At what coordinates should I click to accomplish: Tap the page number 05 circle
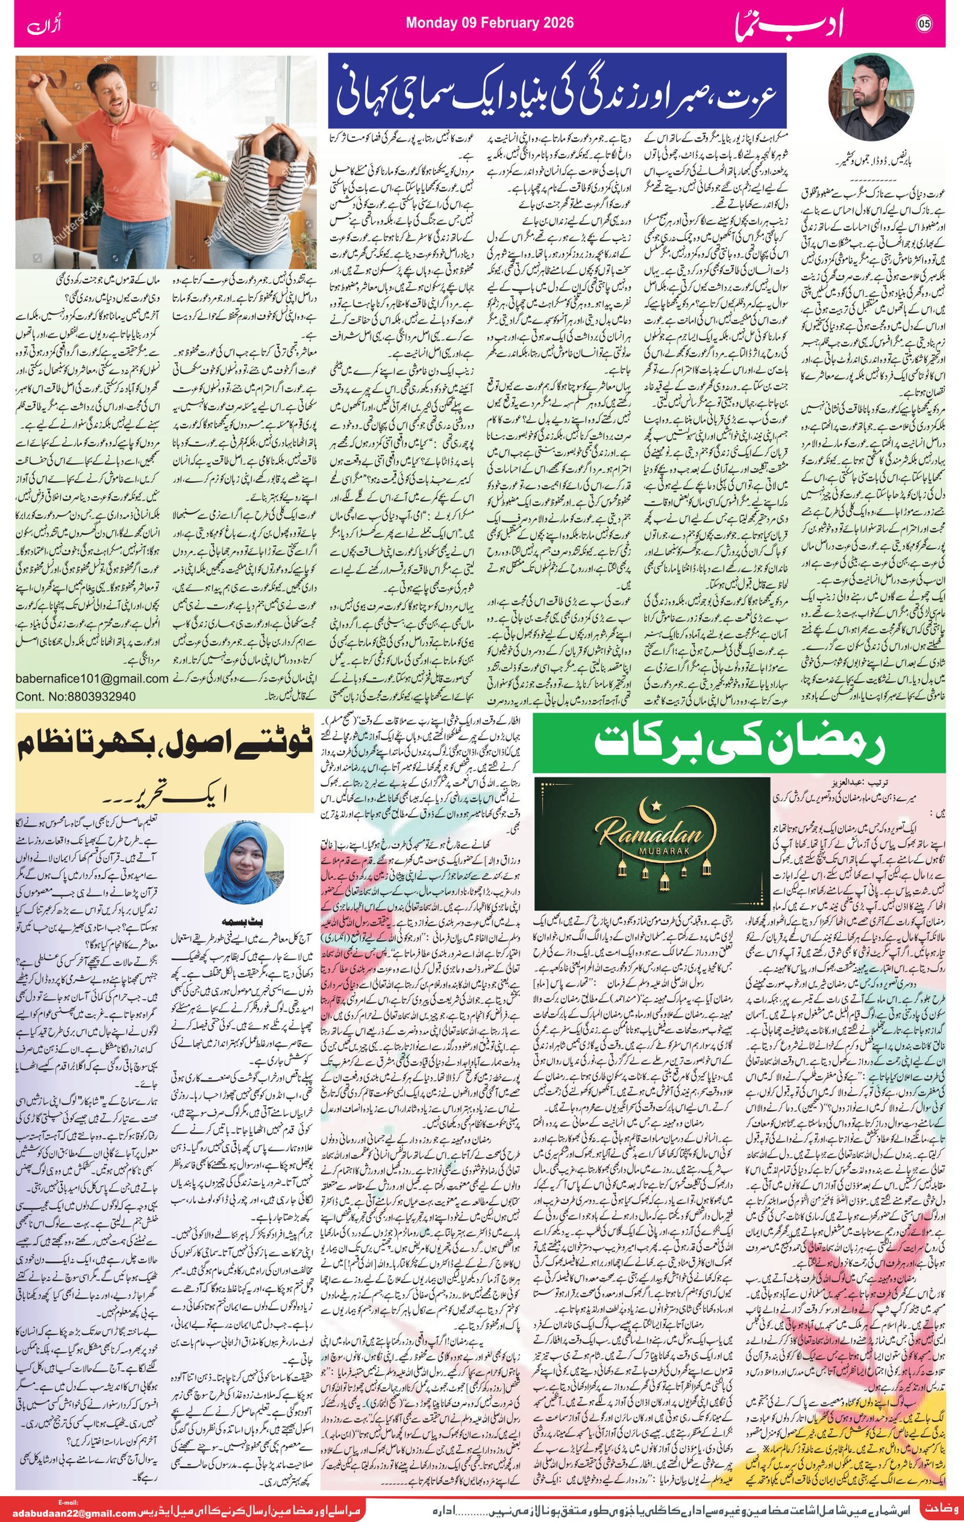[925, 24]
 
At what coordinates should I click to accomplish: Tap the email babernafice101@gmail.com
[92, 678]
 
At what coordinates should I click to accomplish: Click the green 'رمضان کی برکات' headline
[740, 744]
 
